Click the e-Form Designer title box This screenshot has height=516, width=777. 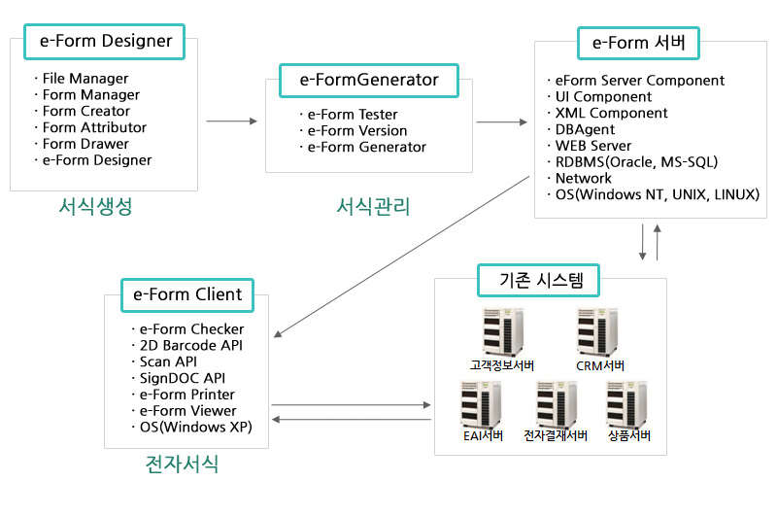tap(106, 41)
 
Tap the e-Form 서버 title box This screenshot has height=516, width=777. tap(638, 43)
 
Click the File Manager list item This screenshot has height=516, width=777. tap(85, 79)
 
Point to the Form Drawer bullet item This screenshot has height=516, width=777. tap(85, 144)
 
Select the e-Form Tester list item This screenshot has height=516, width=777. tap(353, 115)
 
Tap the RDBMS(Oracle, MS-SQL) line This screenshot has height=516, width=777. tap(636, 162)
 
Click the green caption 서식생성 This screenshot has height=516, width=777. tap(94, 207)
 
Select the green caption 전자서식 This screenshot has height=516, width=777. tap(181, 464)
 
